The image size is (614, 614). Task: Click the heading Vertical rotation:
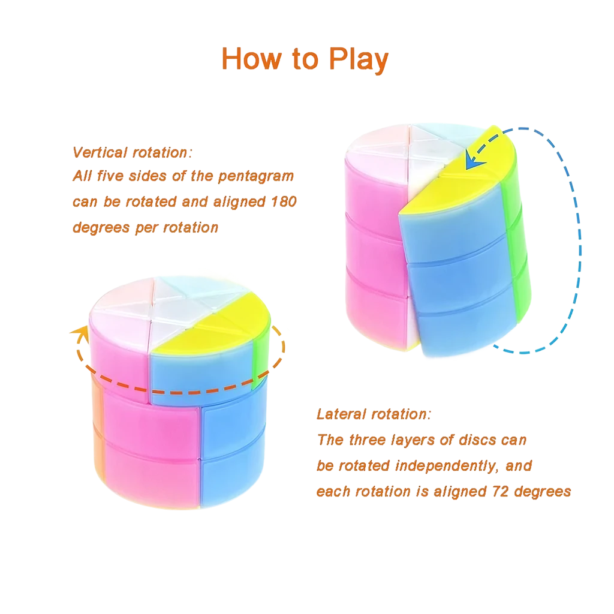coord(131,152)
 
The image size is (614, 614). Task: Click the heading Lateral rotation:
coord(372,414)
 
